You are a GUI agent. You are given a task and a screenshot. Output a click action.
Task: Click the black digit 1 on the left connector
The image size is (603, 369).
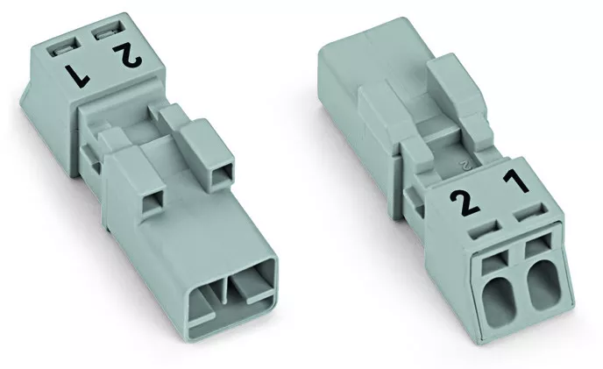79,75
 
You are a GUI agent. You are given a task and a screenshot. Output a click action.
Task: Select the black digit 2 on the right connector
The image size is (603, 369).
465,202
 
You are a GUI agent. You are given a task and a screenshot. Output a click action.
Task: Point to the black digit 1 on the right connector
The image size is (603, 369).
515,181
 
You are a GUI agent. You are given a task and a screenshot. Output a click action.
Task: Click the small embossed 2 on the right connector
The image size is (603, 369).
465,166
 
